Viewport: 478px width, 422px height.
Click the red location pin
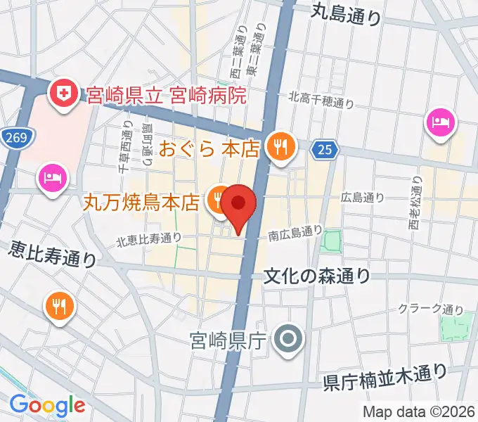click(239, 206)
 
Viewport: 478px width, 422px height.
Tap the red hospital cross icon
click(63, 94)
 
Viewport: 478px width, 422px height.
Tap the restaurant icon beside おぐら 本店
click(282, 146)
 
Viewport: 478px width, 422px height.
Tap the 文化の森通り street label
click(316, 276)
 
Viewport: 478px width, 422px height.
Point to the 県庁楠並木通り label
click(385, 378)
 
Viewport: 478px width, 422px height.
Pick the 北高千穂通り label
click(321, 103)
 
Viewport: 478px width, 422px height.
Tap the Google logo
click(47, 405)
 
